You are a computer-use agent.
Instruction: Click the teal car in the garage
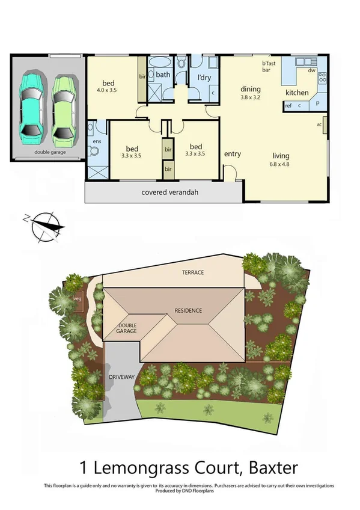pos(31,106)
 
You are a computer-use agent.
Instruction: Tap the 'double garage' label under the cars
pos(50,153)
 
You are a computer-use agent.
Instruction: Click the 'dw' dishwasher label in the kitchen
pos(312,70)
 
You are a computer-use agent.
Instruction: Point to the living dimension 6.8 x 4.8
pos(279,163)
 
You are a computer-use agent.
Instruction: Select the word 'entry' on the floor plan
pos(233,154)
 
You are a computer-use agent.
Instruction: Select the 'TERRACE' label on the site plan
pos(193,272)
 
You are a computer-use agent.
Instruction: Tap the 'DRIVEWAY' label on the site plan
pos(121,376)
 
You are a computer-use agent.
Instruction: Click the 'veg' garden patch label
pos(77,298)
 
